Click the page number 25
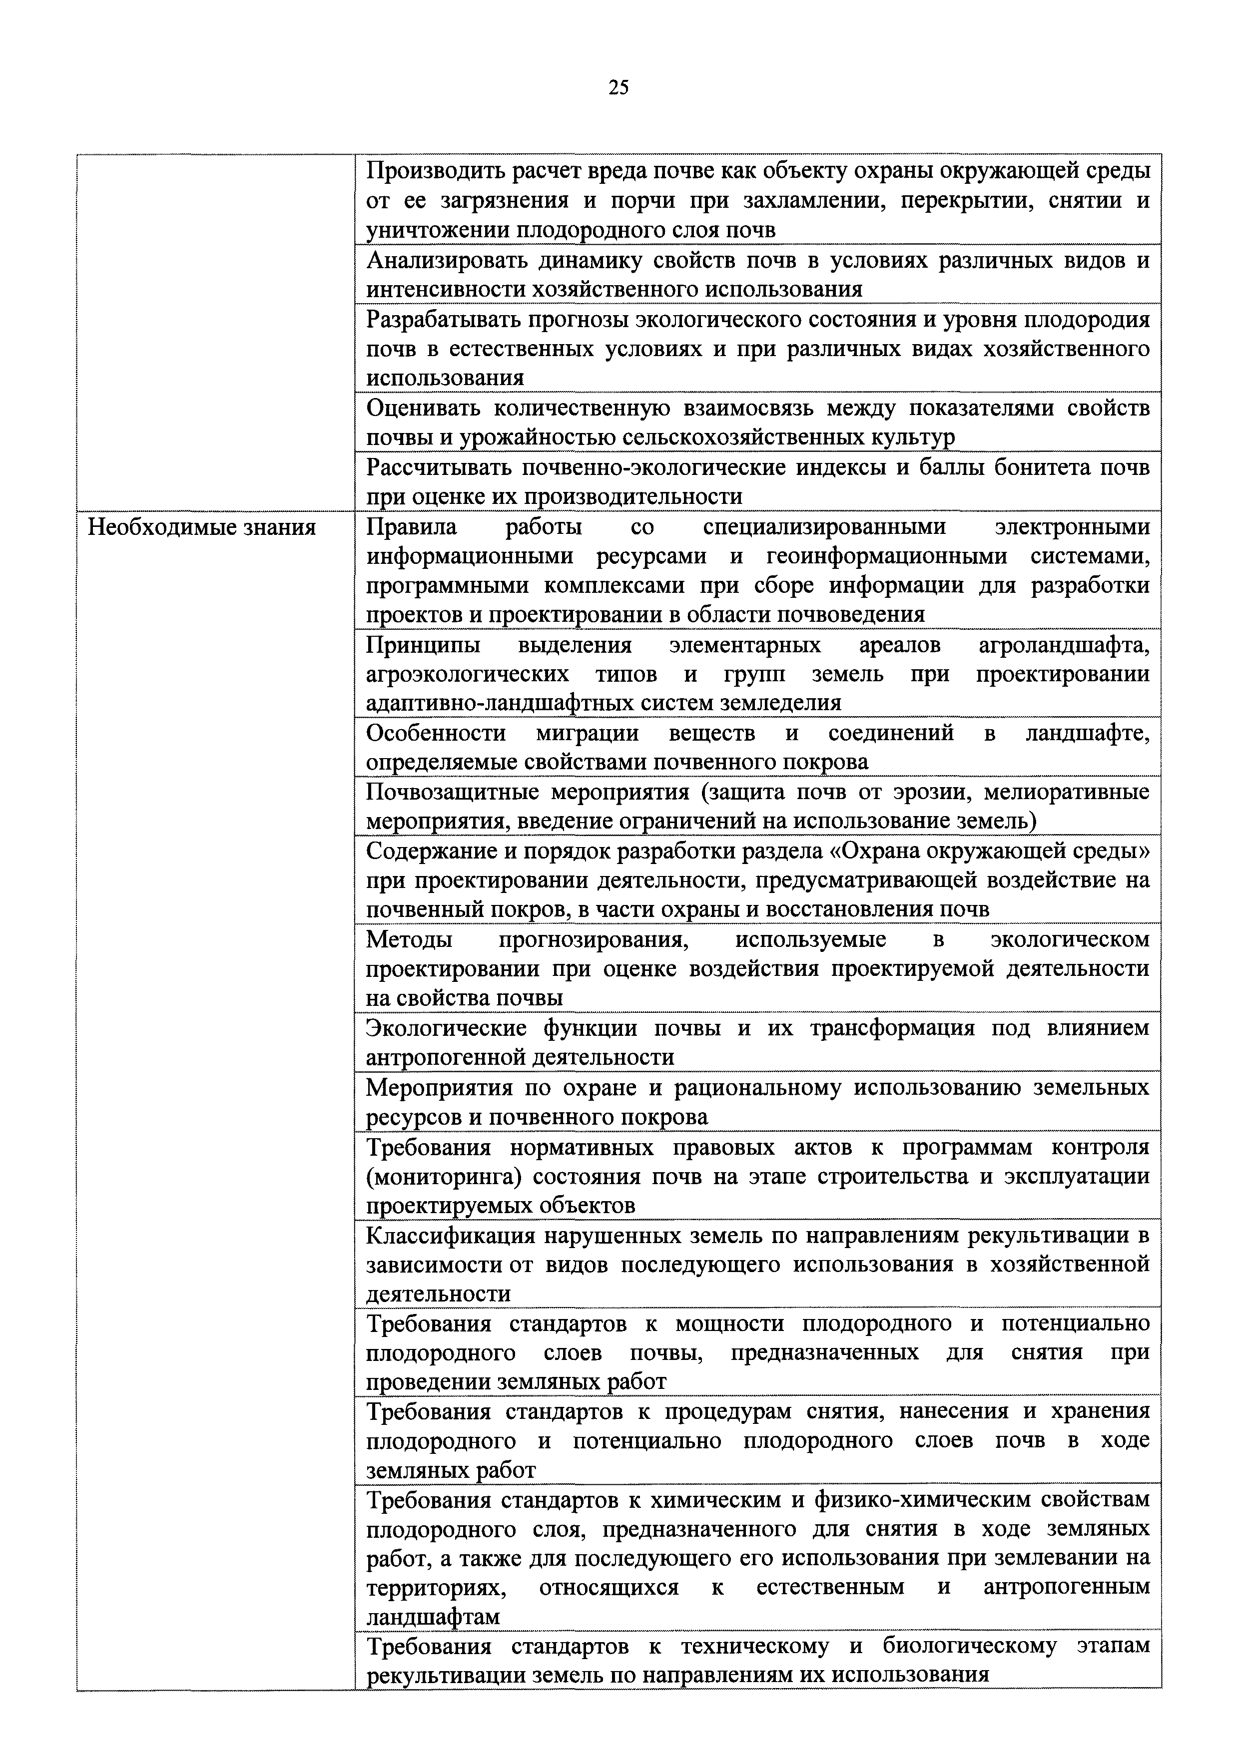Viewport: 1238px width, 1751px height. [x=619, y=88]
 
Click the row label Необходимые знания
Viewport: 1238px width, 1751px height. [x=202, y=527]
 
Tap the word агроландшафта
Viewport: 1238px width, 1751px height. [x=1063, y=645]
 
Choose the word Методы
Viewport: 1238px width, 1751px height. [x=410, y=939]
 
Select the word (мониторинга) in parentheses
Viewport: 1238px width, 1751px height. [x=443, y=1177]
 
